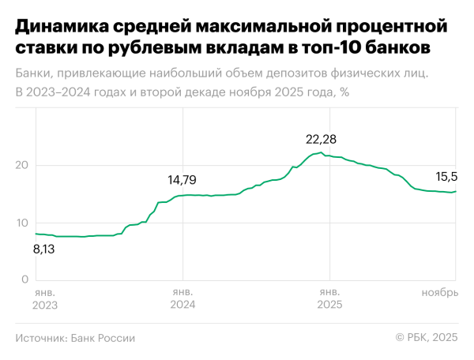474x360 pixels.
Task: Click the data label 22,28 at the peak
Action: click(321, 139)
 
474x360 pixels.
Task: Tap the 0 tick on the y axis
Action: click(25, 279)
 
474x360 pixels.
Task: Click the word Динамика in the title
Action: click(61, 28)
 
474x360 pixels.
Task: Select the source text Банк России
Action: click(103, 338)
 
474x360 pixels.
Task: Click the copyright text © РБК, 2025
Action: click(427, 338)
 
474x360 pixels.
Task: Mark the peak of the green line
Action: click(321, 152)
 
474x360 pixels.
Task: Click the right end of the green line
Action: click(456, 191)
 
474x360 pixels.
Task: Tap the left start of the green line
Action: click(36, 234)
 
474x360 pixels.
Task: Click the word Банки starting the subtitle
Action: click(34, 74)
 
